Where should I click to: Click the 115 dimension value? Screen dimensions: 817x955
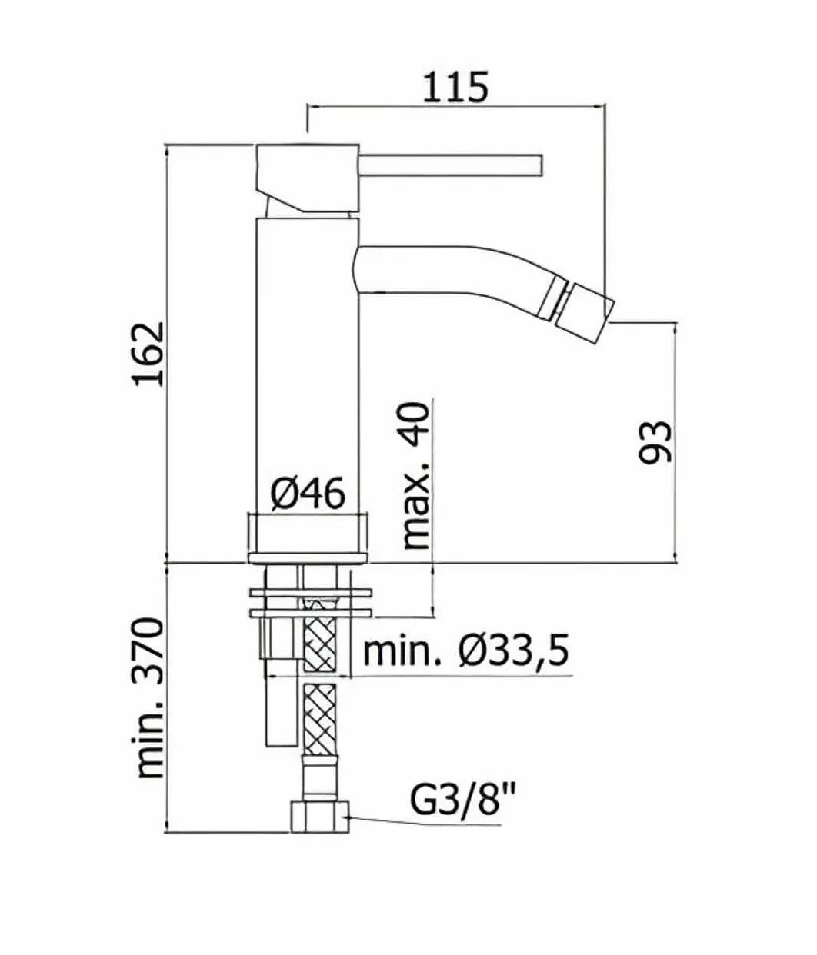click(x=455, y=86)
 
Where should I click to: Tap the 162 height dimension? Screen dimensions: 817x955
click(x=149, y=354)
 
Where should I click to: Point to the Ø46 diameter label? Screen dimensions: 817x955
click(x=308, y=494)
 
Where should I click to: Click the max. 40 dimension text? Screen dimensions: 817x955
click(x=416, y=475)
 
